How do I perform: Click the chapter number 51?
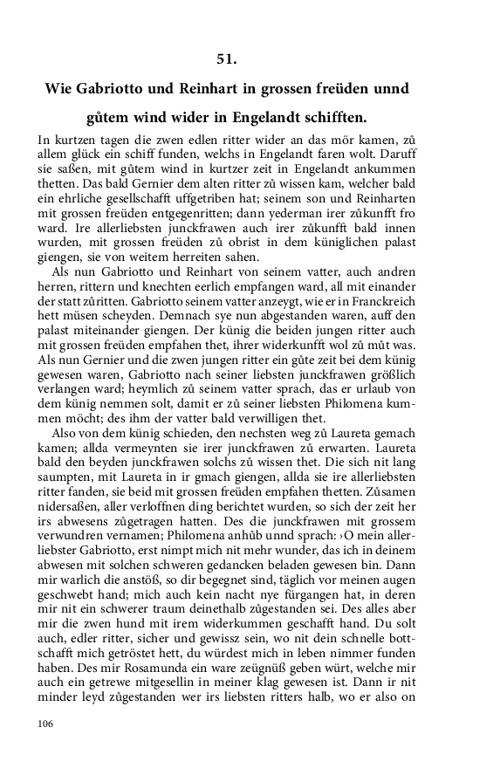[227, 59]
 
